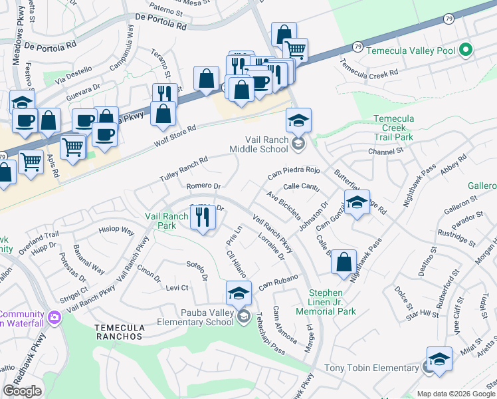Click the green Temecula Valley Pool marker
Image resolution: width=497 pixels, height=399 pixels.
click(466, 50)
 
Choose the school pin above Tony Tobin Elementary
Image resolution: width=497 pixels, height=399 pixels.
click(439, 359)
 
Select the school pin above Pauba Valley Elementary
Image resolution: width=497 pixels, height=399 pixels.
click(239, 293)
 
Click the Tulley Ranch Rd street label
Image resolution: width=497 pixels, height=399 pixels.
click(184, 170)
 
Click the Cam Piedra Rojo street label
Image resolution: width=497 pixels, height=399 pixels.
click(294, 173)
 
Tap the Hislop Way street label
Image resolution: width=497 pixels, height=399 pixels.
click(116, 233)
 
